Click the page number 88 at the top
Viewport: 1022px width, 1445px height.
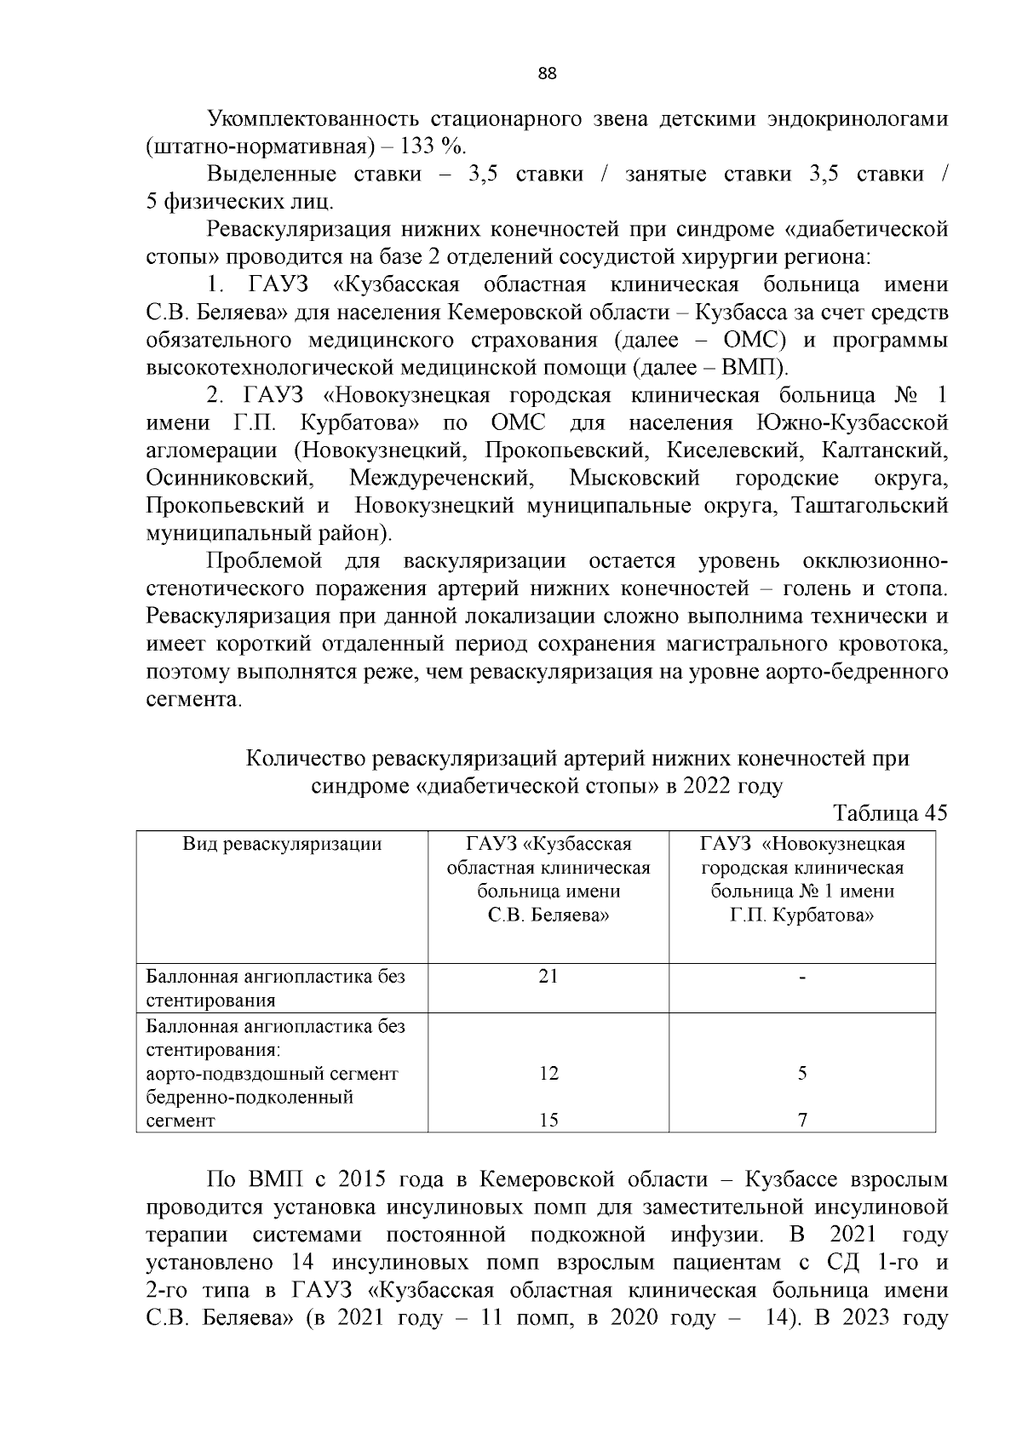tap(548, 74)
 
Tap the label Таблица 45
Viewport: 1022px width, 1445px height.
tap(891, 812)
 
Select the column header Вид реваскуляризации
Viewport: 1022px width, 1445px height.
tap(282, 844)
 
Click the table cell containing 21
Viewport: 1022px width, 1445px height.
tap(548, 976)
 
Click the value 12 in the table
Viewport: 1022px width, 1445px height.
tap(548, 1074)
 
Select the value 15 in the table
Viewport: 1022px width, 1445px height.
tap(548, 1121)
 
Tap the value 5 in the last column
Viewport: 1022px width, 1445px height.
tap(802, 1074)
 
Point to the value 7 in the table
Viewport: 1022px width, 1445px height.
tap(802, 1121)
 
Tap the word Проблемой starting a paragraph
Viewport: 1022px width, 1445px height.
tap(264, 561)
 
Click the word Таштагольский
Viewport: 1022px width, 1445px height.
tap(870, 506)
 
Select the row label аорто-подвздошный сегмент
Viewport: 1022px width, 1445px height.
tap(273, 1074)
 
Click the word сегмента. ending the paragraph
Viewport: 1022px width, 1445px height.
tap(194, 700)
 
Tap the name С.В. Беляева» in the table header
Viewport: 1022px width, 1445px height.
tap(548, 916)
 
